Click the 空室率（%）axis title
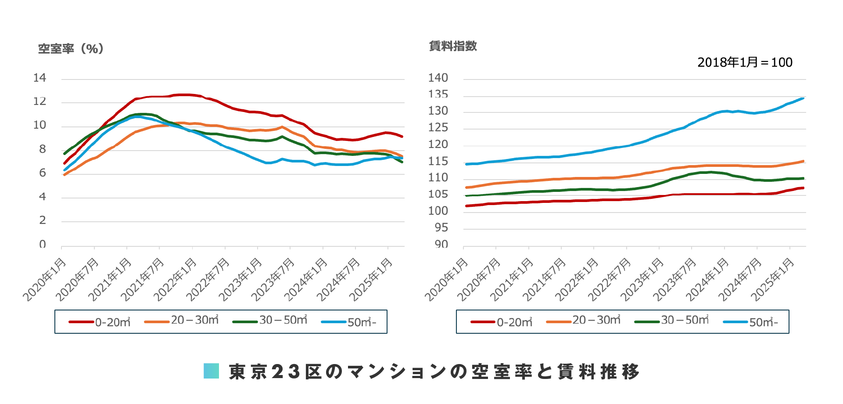[x=71, y=49]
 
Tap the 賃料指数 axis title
[x=453, y=46]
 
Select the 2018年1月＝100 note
[x=745, y=62]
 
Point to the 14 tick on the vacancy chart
[x=39, y=78]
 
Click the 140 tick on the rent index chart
[x=438, y=78]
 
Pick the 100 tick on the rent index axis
[x=438, y=211]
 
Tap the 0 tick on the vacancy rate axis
[x=42, y=244]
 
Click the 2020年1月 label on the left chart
[x=45, y=280]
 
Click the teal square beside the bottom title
[x=211, y=371]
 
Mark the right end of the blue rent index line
[x=803, y=98]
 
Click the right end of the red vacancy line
[x=402, y=137]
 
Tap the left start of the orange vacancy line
[x=65, y=175]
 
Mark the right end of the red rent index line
[x=803, y=188]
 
